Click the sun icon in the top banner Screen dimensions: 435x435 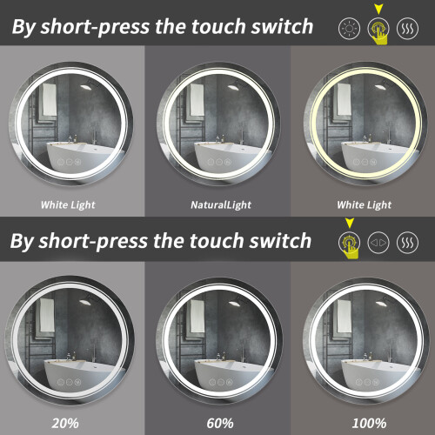(x=349, y=29)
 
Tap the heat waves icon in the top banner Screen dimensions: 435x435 (x=407, y=29)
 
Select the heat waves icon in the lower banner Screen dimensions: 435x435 (x=407, y=243)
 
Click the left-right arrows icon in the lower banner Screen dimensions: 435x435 (x=378, y=243)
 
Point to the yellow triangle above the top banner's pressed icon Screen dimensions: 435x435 (x=378, y=9)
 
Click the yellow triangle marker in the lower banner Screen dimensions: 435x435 (x=350, y=223)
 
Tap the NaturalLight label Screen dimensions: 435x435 (x=221, y=205)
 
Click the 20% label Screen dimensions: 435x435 (x=65, y=423)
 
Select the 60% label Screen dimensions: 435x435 (x=220, y=423)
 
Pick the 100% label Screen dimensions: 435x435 (x=369, y=423)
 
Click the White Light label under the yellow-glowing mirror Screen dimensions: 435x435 (x=364, y=205)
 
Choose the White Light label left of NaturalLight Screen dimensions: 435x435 (x=68, y=205)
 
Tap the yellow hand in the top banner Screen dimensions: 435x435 (x=380, y=34)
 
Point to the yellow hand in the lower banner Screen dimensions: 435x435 (x=351, y=248)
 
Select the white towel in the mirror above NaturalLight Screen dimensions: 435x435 (x=197, y=99)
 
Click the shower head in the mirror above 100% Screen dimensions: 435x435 (x=383, y=302)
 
